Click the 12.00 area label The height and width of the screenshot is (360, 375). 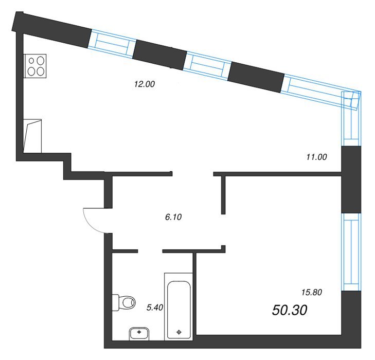point(145,84)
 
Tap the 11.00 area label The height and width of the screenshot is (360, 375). point(316,157)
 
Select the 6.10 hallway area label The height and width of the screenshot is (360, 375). point(173,217)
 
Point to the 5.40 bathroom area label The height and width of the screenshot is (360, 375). point(155,308)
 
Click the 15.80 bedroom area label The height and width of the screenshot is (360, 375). point(312,292)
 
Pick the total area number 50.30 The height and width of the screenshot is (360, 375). point(290,310)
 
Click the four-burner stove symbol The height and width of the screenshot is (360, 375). point(35,66)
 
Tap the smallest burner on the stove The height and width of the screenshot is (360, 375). point(31,61)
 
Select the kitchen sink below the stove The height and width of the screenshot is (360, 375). point(32,136)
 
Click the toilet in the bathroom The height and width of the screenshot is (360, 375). point(124,302)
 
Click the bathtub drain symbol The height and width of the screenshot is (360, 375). point(179,332)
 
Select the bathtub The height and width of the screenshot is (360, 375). point(179,307)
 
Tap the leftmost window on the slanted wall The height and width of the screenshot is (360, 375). point(112,44)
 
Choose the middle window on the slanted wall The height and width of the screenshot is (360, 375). point(207,65)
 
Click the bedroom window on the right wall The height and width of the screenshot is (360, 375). point(351,252)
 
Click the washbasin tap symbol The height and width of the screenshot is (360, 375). point(139,332)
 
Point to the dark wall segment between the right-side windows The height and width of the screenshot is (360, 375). point(351,179)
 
